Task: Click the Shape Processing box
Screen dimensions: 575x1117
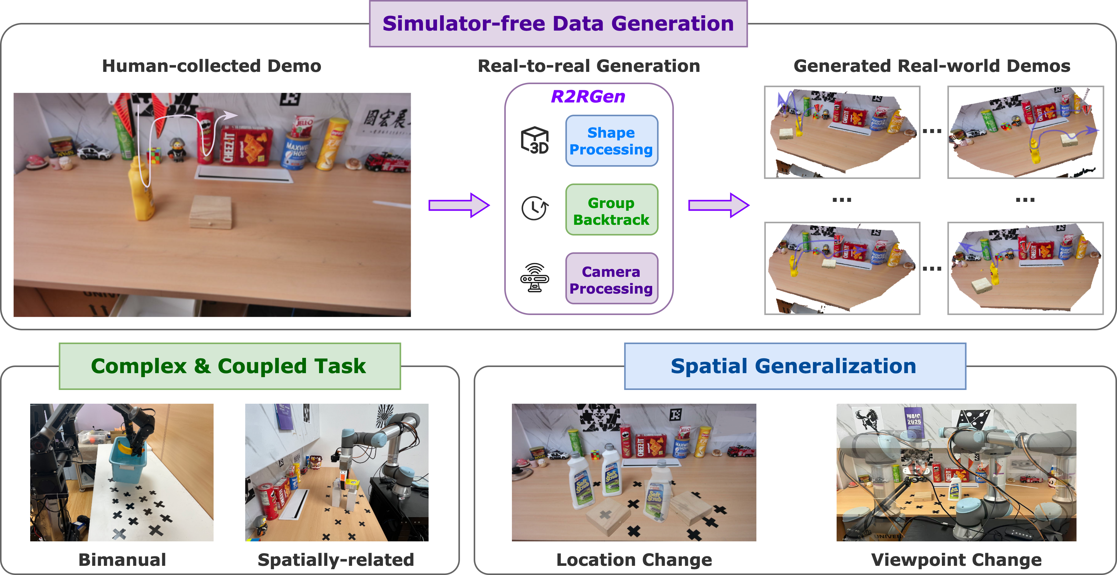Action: [x=612, y=141]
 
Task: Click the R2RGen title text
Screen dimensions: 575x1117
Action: [x=588, y=96]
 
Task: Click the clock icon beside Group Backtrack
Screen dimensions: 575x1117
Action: [x=535, y=208]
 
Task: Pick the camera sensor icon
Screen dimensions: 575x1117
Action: [x=535, y=278]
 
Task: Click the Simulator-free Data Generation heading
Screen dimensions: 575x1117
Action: [x=558, y=24]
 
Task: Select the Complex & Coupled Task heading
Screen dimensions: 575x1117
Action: [x=229, y=366]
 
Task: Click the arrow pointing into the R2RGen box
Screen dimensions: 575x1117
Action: [x=459, y=205]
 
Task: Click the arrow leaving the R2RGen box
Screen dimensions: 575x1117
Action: [x=718, y=205]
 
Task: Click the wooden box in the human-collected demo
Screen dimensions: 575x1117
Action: [x=211, y=211]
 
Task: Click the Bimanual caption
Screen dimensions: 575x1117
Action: [x=122, y=560]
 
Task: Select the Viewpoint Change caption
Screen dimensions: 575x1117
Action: [x=956, y=560]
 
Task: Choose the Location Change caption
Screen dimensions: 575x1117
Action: [x=634, y=560]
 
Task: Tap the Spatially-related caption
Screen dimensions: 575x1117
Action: [x=336, y=560]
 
